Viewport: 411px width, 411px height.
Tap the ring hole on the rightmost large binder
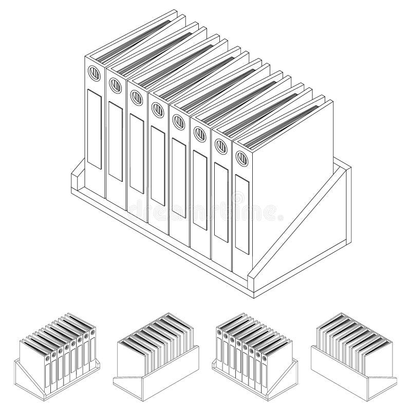pyautogui.click(x=240, y=158)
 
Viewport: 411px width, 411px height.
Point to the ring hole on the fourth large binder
pyautogui.click(x=156, y=108)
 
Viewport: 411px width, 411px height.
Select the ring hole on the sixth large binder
pyautogui.click(x=198, y=134)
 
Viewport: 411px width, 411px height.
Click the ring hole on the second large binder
pyautogui.click(x=115, y=84)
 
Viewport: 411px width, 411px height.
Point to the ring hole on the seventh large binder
pyautogui.click(x=219, y=145)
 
